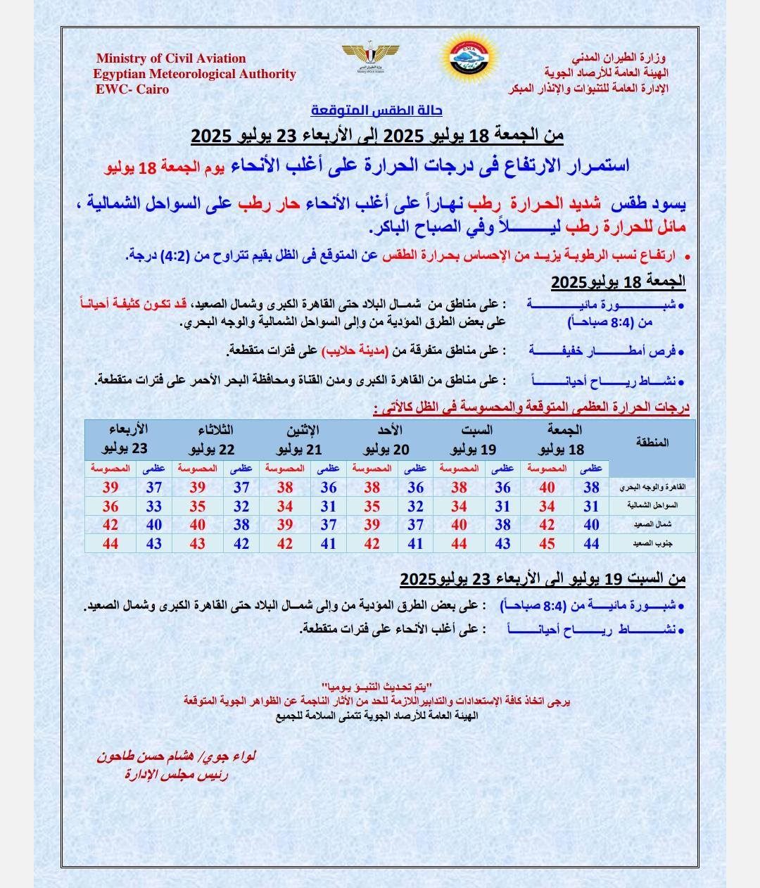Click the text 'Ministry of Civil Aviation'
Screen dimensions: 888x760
click(171, 58)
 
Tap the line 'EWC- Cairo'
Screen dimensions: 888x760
click(132, 89)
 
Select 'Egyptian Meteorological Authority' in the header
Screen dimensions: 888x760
click(194, 74)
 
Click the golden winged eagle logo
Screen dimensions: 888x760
click(370, 56)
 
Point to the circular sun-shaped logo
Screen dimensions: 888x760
click(470, 58)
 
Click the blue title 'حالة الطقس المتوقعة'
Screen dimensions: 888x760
click(376, 110)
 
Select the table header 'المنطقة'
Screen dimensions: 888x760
click(652, 442)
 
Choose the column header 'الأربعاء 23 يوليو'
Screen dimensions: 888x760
click(126, 440)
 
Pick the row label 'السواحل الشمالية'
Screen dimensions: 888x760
click(652, 506)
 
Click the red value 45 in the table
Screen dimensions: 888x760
click(547, 544)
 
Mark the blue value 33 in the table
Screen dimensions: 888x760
click(154, 506)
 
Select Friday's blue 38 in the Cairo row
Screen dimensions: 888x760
click(591, 487)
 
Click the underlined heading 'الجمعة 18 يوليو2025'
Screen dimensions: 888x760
click(618, 282)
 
